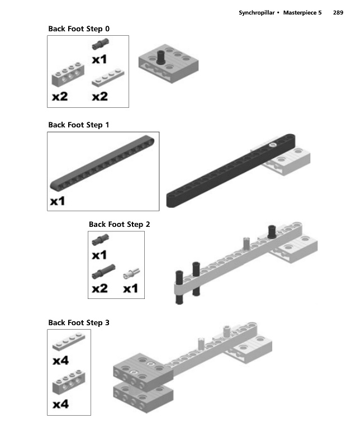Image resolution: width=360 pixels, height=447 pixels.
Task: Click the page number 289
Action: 338,12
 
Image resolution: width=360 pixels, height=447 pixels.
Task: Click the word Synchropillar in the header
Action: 257,13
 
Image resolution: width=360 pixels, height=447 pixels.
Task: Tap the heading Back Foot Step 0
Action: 79,29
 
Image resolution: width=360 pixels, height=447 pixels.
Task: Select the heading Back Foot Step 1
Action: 79,125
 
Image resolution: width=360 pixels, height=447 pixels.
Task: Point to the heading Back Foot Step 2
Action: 119,225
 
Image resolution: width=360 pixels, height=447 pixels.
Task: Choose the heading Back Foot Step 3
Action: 79,323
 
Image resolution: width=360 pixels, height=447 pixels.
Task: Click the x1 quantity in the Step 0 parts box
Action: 100,59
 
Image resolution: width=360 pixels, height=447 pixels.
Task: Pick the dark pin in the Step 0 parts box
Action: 100,44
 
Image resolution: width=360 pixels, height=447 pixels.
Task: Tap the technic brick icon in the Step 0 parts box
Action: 68,74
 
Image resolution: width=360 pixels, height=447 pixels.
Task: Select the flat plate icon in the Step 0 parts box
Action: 108,77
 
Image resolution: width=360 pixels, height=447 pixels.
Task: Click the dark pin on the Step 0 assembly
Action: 160,57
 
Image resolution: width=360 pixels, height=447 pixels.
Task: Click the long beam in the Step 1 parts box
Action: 102,163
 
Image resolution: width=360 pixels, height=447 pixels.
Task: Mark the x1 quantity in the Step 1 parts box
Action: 58,201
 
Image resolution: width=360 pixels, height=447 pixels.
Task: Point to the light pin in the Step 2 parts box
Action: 131,273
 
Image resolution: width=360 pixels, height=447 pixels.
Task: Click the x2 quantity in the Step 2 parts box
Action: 100,288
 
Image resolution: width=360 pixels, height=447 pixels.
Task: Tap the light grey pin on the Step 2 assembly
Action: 247,244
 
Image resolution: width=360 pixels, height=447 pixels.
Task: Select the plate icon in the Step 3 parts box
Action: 69,341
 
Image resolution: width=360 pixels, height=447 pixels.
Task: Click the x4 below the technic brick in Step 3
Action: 60,404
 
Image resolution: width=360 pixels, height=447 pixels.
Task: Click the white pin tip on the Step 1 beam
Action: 272,145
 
